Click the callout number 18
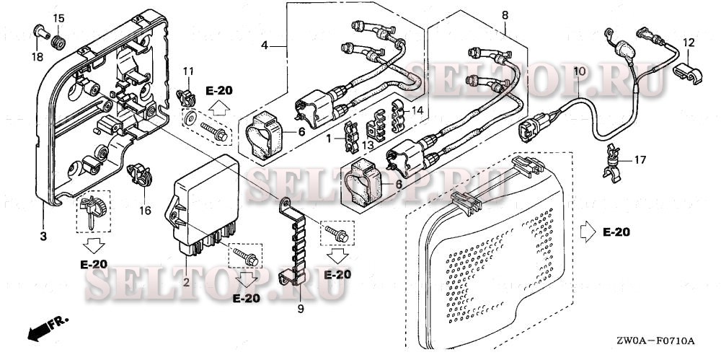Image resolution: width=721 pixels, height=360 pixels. pyautogui.click(x=37, y=57)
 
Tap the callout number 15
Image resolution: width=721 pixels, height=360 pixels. pyautogui.click(x=59, y=19)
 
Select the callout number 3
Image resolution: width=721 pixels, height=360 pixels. pyautogui.click(x=43, y=237)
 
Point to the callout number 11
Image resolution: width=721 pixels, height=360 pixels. pyautogui.click(x=188, y=71)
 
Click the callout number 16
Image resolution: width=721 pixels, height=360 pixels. pyautogui.click(x=146, y=211)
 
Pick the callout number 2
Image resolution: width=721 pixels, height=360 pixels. pyautogui.click(x=186, y=282)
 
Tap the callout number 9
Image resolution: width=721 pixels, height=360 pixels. pyautogui.click(x=301, y=309)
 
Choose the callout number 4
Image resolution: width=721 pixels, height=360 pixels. pyautogui.click(x=265, y=45)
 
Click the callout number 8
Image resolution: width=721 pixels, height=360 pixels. pyautogui.click(x=505, y=15)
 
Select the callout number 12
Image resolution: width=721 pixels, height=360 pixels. pyautogui.click(x=689, y=43)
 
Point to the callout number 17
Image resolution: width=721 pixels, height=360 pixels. pyautogui.click(x=640, y=160)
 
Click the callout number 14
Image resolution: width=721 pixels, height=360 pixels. pyautogui.click(x=417, y=110)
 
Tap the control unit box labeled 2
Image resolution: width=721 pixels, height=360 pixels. pyautogui.click(x=203, y=206)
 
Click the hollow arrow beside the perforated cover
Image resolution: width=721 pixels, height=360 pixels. pyautogui.click(x=588, y=232)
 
